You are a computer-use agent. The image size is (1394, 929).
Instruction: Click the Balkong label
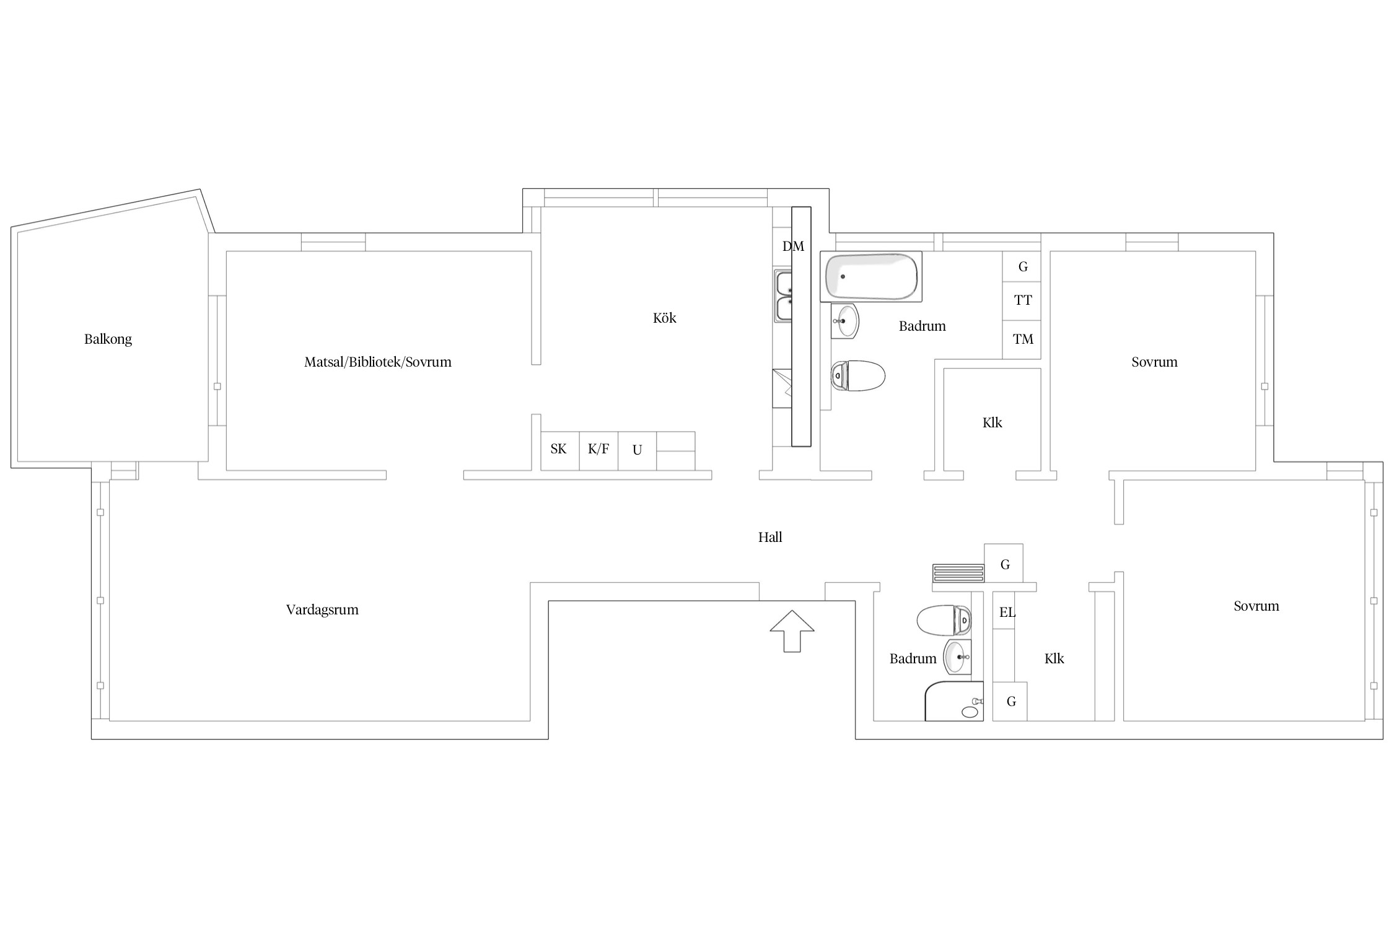pos(108,339)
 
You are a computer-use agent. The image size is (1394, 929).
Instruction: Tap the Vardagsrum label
pos(322,609)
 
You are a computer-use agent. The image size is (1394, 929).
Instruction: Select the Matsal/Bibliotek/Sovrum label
pos(378,362)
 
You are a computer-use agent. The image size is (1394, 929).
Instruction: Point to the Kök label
pos(664,318)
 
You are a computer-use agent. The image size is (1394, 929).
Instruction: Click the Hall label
pos(770,537)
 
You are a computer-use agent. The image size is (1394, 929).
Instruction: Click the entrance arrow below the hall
pos(792,631)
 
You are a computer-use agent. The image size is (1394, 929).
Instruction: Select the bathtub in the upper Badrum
pos(871,276)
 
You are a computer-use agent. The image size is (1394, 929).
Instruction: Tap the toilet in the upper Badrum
pos(858,375)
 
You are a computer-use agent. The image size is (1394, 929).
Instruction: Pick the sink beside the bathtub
pos(845,321)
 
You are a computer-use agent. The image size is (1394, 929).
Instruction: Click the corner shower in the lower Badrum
pos(954,701)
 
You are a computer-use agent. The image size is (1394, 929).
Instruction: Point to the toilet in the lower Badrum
pos(944,621)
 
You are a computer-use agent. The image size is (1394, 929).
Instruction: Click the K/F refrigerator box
pos(598,451)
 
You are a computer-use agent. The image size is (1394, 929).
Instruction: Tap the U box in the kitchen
pos(637,451)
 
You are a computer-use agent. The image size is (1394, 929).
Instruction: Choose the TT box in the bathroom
pos(1022,301)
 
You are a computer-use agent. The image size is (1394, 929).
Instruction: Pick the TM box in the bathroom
pos(1022,339)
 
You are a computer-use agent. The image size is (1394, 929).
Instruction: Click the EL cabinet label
pos(1007,613)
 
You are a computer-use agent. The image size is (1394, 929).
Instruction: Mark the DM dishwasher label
pos(793,246)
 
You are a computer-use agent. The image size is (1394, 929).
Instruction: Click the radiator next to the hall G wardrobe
pos(958,573)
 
